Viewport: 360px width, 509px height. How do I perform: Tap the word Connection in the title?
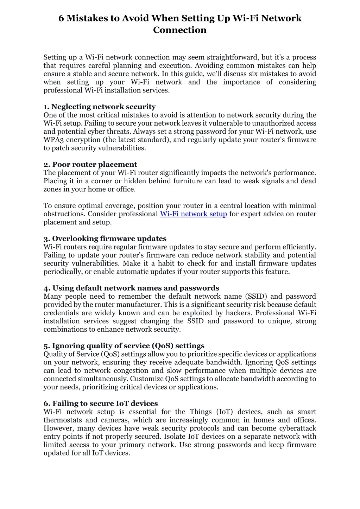(180, 30)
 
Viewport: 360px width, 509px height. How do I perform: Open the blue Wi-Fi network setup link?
(194, 214)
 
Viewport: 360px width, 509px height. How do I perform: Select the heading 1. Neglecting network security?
(100, 107)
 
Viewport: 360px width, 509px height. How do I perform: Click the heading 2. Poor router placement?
(90, 164)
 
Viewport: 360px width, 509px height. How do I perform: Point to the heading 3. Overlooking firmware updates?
(105, 239)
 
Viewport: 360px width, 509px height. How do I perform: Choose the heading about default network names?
(131, 288)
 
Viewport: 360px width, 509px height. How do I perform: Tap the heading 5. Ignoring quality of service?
(124, 346)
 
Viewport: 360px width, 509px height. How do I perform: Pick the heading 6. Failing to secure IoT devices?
(101, 403)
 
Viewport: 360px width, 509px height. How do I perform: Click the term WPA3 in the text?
(53, 140)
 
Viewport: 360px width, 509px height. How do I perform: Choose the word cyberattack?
(298, 428)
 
